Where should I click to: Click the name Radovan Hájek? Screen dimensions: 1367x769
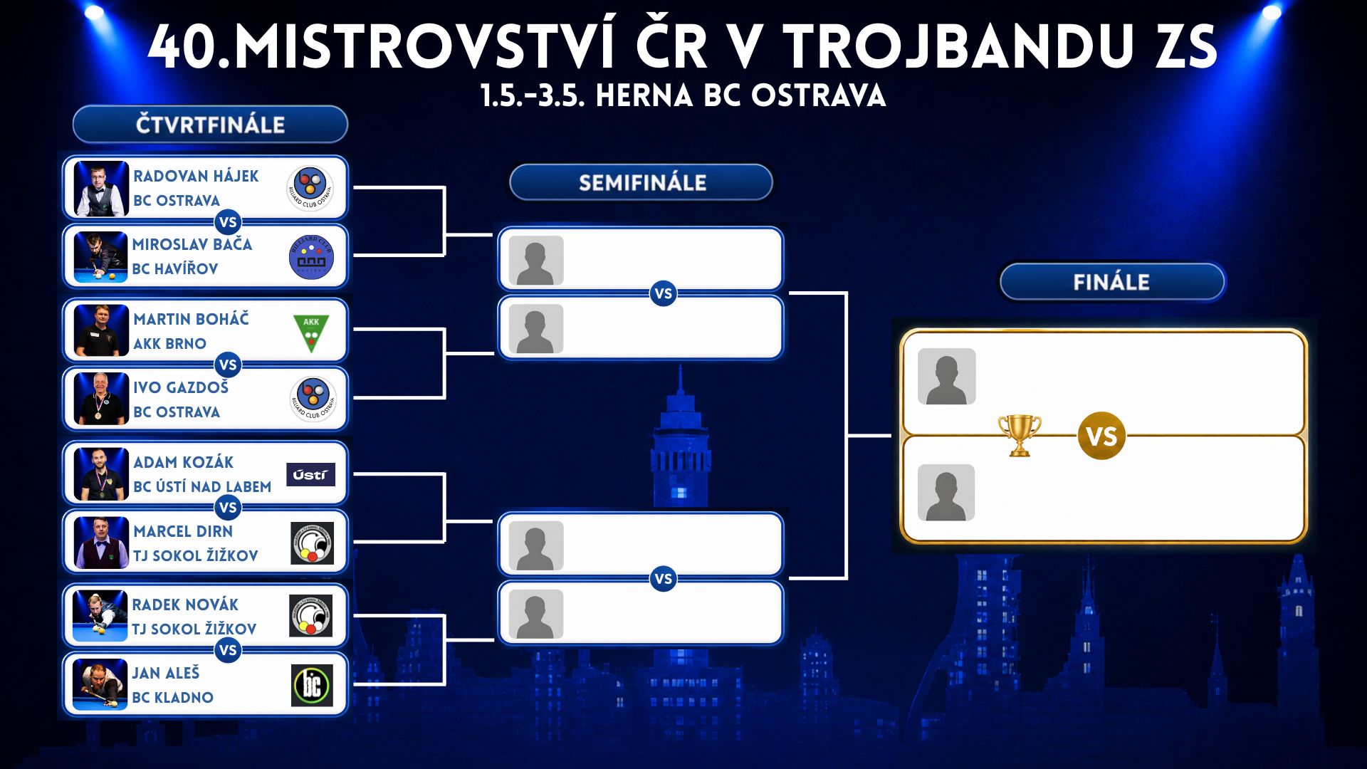click(x=196, y=176)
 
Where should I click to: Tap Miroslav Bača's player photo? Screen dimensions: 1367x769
click(x=100, y=257)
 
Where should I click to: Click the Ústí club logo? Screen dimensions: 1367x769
click(x=310, y=474)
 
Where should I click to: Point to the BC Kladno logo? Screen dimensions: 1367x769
click(x=312, y=685)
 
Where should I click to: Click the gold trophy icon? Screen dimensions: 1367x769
click(x=1020, y=435)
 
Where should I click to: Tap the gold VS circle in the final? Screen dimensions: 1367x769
click(x=1101, y=436)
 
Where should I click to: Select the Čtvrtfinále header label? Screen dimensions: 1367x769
click(x=211, y=125)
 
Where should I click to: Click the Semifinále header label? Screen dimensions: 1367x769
click(x=641, y=182)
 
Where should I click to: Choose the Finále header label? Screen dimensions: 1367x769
click(x=1112, y=282)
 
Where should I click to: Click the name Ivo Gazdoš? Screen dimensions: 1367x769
click(x=181, y=387)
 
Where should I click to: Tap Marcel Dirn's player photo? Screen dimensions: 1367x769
click(x=101, y=543)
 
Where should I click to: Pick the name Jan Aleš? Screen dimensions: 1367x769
click(x=166, y=673)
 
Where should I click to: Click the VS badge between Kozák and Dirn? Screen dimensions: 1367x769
click(x=228, y=508)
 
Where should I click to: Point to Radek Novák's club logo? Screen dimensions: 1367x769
click(x=311, y=616)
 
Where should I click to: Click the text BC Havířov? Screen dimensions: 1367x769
click(x=175, y=269)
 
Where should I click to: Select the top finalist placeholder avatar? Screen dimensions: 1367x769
click(x=947, y=377)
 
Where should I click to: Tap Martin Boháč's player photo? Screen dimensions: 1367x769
click(x=101, y=330)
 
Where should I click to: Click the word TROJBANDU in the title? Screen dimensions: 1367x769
click(x=958, y=47)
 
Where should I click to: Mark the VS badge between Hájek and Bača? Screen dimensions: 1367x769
click(x=228, y=222)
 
